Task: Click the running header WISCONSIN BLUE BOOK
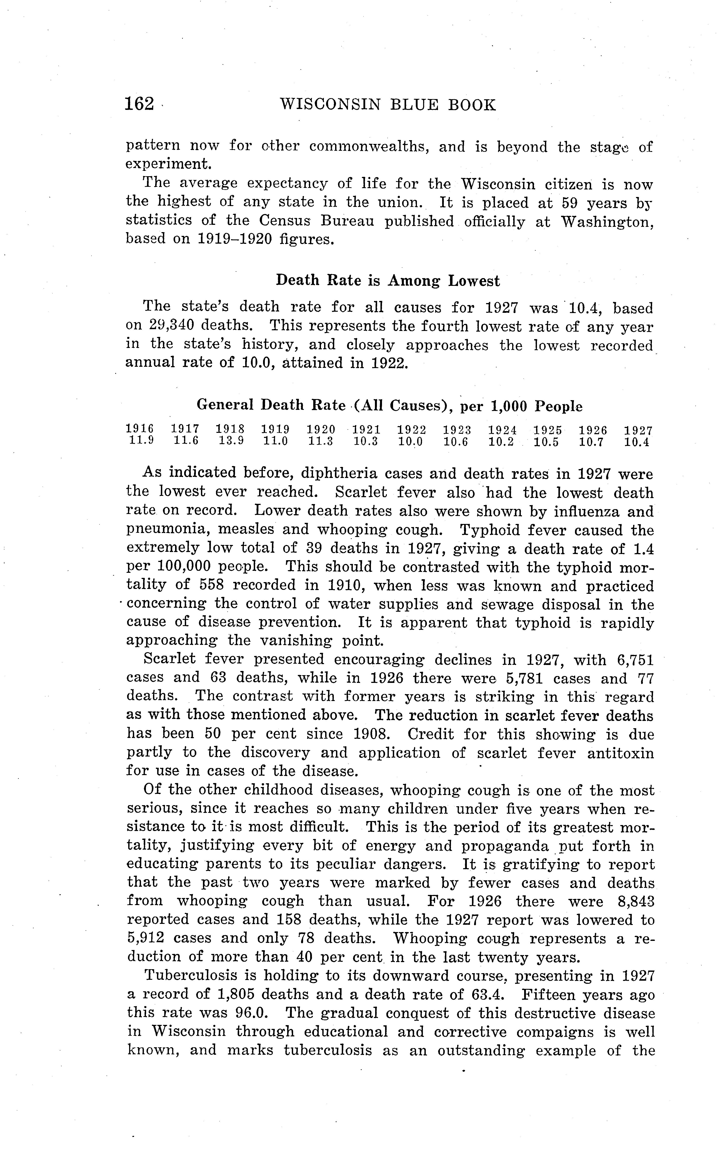coord(388,105)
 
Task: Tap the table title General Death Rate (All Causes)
coord(389,406)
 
